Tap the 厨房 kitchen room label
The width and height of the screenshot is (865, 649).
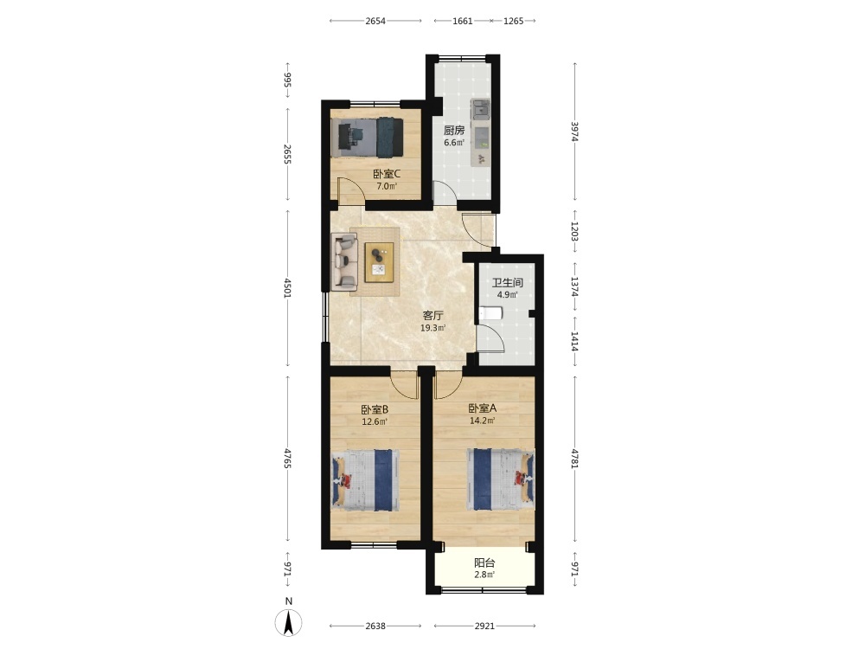tap(454, 131)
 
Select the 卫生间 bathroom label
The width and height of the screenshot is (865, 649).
tap(508, 283)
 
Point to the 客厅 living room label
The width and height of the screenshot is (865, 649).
tap(433, 316)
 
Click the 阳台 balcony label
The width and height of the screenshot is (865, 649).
tap(484, 563)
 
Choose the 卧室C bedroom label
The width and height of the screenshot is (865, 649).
tap(387, 174)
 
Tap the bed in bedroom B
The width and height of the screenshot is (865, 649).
tap(365, 479)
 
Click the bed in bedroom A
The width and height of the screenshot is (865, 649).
tap(501, 479)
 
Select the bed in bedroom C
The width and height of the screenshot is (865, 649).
tap(368, 137)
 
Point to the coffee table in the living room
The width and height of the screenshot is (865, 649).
tap(379, 261)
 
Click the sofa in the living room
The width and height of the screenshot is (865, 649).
tap(344, 261)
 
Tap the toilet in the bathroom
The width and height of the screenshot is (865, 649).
tap(490, 314)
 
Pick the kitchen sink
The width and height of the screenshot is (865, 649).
tap(481, 109)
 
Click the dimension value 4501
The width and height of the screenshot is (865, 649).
tap(287, 287)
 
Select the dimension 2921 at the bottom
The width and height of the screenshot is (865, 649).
tap(484, 626)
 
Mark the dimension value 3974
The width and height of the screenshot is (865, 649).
tap(574, 132)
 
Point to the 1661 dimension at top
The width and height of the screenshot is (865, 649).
tap(462, 21)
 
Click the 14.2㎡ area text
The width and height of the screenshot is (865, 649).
tap(482, 421)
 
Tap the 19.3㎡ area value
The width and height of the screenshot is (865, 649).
tap(433, 328)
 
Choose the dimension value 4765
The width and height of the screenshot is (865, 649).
tap(287, 459)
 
